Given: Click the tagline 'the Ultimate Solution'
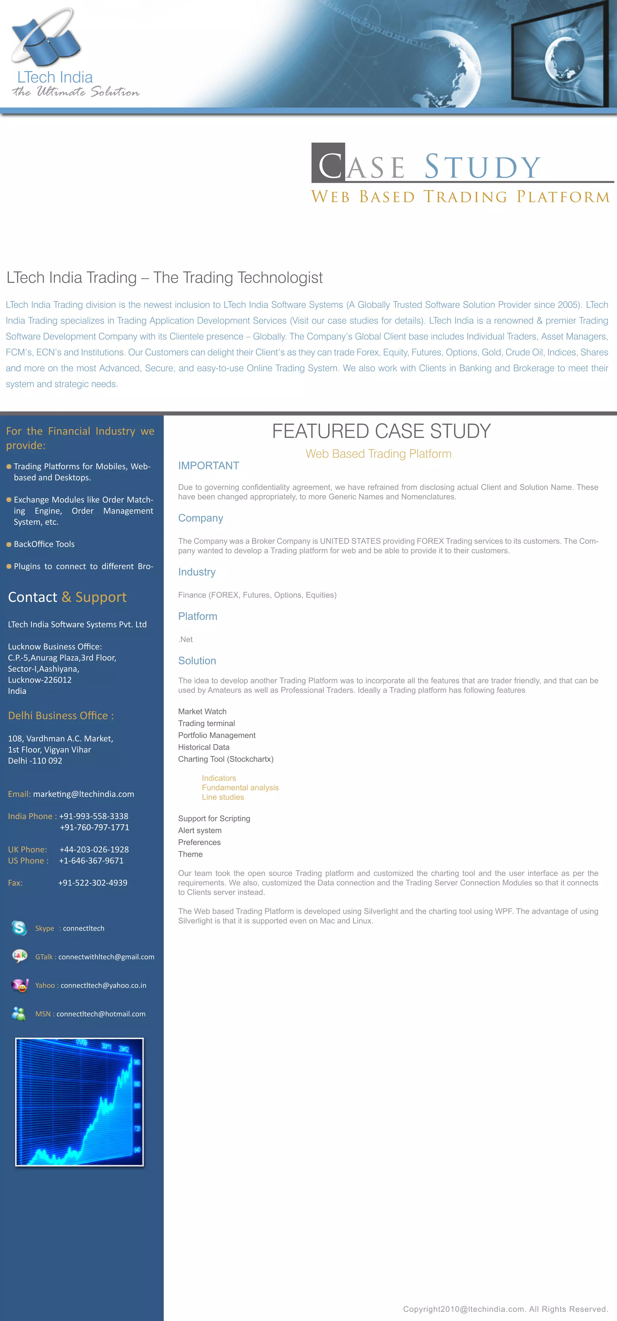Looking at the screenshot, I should (x=76, y=92).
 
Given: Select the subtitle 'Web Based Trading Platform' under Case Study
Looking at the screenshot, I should (x=460, y=197).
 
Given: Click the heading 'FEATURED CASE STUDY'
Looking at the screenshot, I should (x=381, y=431).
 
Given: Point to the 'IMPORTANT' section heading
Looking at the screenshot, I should (x=208, y=466).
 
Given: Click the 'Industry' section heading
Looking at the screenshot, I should (x=197, y=572).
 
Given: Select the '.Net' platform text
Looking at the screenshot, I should (x=186, y=639).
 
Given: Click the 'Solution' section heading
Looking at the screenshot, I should (x=197, y=660).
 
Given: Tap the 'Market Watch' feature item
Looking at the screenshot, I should (x=202, y=711).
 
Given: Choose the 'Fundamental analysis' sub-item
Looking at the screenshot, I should (x=240, y=788).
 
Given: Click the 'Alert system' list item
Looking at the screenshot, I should (x=200, y=830).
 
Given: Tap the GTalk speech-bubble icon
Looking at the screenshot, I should (x=20, y=956).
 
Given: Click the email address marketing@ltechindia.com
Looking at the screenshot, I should (x=83, y=794).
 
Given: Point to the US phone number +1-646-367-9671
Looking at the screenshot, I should (x=91, y=860).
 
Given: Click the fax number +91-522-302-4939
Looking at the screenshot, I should (x=93, y=882).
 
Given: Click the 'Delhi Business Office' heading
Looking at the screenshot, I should (x=61, y=715).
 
